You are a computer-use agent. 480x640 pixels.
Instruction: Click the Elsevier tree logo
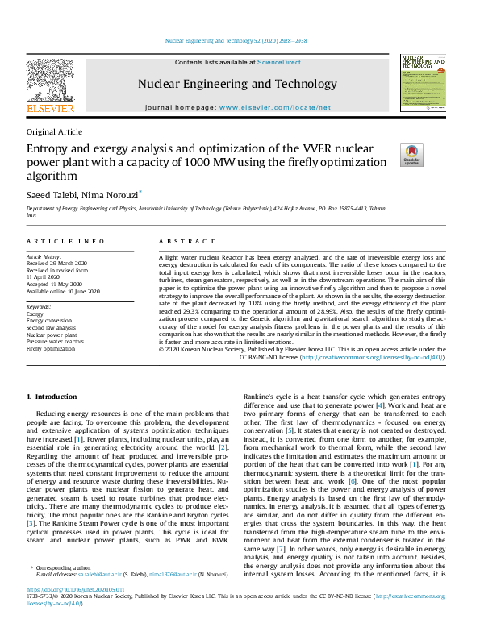[50, 81]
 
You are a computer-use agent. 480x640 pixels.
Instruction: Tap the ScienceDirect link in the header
[278, 62]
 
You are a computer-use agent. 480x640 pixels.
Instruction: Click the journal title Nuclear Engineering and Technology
[237, 84]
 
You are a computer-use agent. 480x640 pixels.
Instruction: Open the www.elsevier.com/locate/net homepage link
[274, 107]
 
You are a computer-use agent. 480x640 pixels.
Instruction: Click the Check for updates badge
[412, 155]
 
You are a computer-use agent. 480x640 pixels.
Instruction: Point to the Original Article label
[54, 131]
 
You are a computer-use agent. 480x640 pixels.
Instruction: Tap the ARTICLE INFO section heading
[65, 242]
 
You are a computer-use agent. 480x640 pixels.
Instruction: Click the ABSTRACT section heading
[186, 242]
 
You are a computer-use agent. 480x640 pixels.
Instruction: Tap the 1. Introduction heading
[52, 397]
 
